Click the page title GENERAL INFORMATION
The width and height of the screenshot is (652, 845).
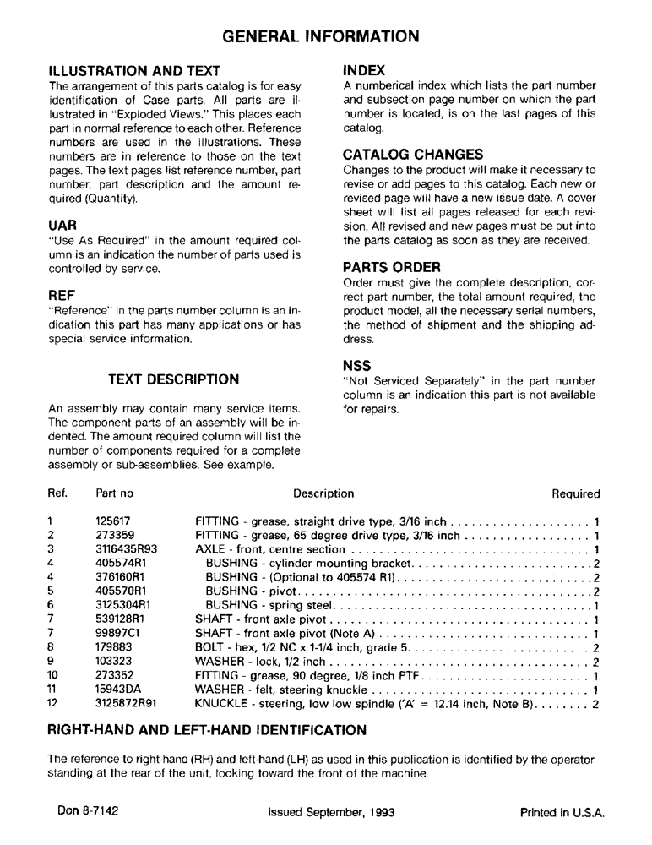[x=320, y=36]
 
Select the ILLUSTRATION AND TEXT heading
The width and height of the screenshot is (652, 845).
[x=134, y=70]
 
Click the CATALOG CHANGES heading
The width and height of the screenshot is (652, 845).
[x=412, y=155]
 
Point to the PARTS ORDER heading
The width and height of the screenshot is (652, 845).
[x=392, y=267]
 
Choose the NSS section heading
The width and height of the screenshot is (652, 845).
[x=358, y=366]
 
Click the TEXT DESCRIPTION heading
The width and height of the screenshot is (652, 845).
[x=174, y=379]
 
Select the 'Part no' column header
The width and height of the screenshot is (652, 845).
[x=115, y=494]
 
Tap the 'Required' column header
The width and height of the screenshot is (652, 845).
[x=575, y=494]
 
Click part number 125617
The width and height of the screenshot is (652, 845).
[x=113, y=521]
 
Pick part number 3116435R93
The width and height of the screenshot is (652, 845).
[x=126, y=548]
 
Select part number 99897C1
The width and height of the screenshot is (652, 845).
[x=117, y=635]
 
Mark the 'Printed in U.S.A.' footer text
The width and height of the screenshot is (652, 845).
[x=562, y=813]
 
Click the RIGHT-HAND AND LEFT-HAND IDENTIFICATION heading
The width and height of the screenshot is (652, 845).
[x=208, y=729]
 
